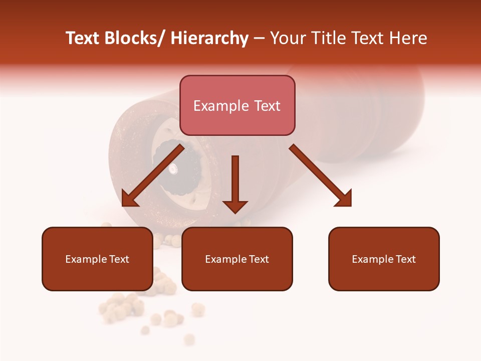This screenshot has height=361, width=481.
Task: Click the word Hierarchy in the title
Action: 209,38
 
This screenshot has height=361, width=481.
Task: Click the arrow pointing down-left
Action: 152,175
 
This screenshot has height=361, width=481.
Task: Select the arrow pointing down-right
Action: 321,175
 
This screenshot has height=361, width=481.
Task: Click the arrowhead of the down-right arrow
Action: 344,199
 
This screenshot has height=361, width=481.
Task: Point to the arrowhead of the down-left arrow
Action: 129,199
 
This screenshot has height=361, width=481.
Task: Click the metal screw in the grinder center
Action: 173,169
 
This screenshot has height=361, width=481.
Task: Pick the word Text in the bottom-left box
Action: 119,259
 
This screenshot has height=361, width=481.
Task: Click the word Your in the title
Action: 287,38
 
